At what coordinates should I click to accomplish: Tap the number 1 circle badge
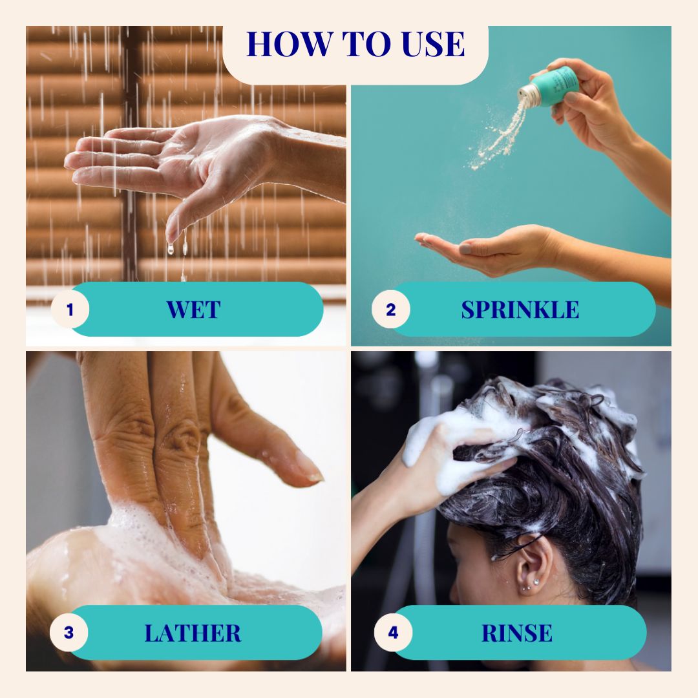70,310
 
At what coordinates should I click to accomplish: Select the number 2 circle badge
390,310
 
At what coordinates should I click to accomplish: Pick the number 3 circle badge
69,633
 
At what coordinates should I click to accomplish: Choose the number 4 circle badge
393,633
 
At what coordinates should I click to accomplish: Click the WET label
193,310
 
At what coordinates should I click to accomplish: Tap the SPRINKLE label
520,310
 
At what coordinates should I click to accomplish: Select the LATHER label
193,633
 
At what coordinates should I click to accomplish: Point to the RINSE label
517,633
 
